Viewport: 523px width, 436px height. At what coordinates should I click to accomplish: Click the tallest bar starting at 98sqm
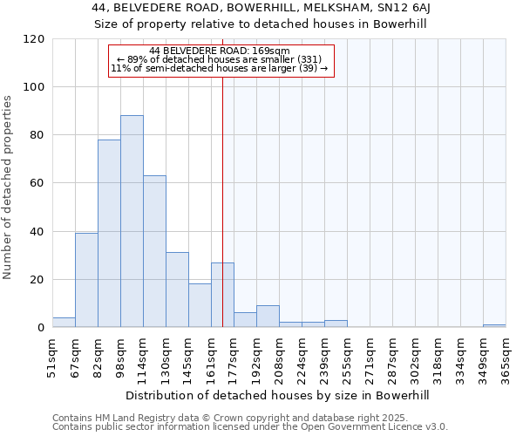pyautogui.click(x=132, y=221)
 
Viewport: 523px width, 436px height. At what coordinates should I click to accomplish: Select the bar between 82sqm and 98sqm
pyautogui.click(x=109, y=234)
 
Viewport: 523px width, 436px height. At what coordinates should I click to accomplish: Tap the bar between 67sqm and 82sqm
pyautogui.click(x=86, y=280)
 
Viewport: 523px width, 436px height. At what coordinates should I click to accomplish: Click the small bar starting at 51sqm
pyautogui.click(x=64, y=323)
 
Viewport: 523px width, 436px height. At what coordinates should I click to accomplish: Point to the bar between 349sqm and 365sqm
pyautogui.click(x=494, y=326)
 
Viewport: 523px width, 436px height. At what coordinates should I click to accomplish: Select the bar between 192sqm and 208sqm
pyautogui.click(x=268, y=317)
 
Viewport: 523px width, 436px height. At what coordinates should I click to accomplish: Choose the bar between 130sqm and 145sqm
pyautogui.click(x=177, y=290)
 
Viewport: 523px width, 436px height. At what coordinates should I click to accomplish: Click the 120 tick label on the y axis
pyautogui.click(x=34, y=39)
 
